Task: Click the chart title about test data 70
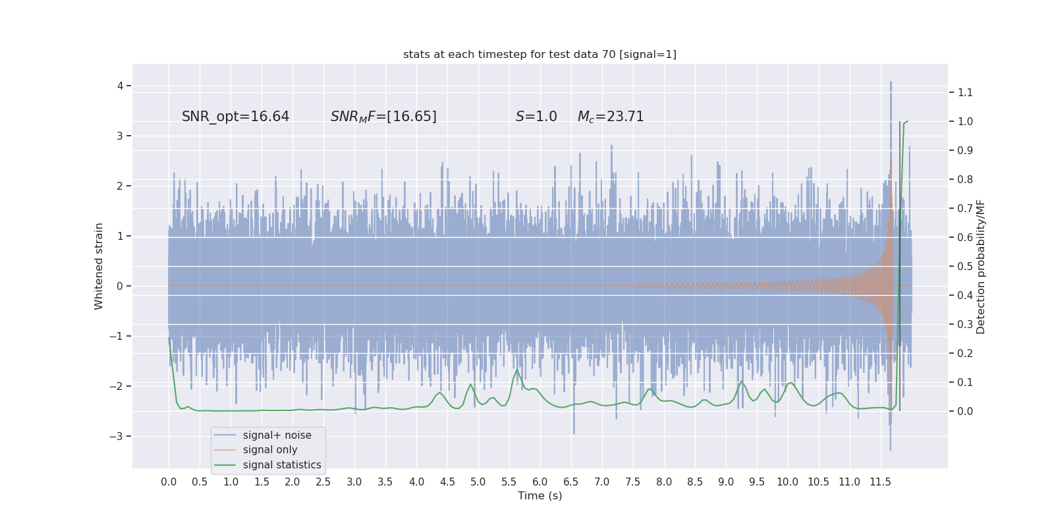click(540, 55)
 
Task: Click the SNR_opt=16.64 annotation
click(235, 117)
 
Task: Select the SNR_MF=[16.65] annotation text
click(383, 117)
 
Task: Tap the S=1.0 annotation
click(536, 117)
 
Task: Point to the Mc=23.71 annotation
click(611, 117)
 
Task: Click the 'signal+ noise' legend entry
click(277, 435)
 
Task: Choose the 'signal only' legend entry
click(270, 450)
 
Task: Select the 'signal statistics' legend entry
click(282, 465)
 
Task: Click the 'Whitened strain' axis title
click(99, 266)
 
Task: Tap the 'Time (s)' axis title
click(540, 496)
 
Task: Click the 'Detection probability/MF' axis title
click(981, 266)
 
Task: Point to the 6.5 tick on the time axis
click(570, 482)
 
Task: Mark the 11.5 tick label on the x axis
click(880, 482)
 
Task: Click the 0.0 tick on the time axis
click(169, 482)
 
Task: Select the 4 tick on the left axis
click(121, 86)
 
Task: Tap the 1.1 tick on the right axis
click(965, 92)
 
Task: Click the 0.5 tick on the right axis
click(965, 266)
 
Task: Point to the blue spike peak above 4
click(891, 82)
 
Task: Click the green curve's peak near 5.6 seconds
click(516, 370)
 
